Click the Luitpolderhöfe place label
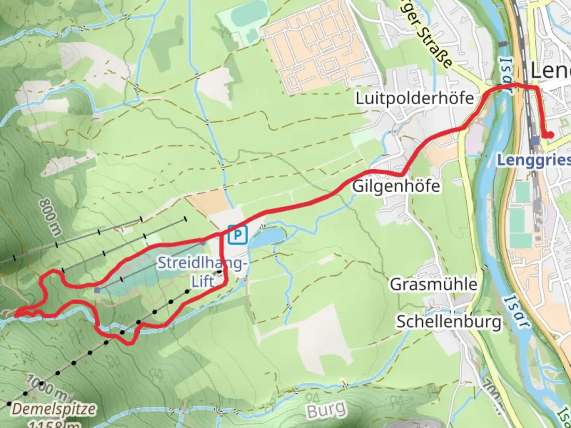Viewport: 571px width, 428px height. click(414, 98)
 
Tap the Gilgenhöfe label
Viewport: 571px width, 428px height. click(396, 186)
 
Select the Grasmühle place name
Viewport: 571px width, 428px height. click(433, 284)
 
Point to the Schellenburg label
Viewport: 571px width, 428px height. click(449, 321)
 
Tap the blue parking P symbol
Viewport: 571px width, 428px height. click(237, 235)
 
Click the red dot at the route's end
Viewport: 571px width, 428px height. click(550, 135)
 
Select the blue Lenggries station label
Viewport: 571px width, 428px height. click(533, 160)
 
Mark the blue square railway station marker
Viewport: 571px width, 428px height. click(535, 140)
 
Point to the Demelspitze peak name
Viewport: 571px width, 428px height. click(54, 409)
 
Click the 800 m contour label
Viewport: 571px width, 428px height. click(50, 217)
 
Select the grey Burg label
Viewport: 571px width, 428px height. click(326, 410)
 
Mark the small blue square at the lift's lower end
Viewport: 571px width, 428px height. click(97, 290)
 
